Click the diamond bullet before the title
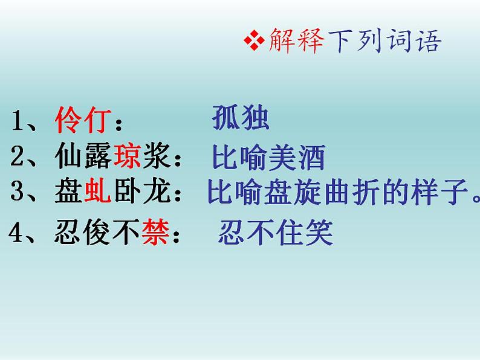(250, 42)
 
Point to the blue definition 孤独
(240, 119)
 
